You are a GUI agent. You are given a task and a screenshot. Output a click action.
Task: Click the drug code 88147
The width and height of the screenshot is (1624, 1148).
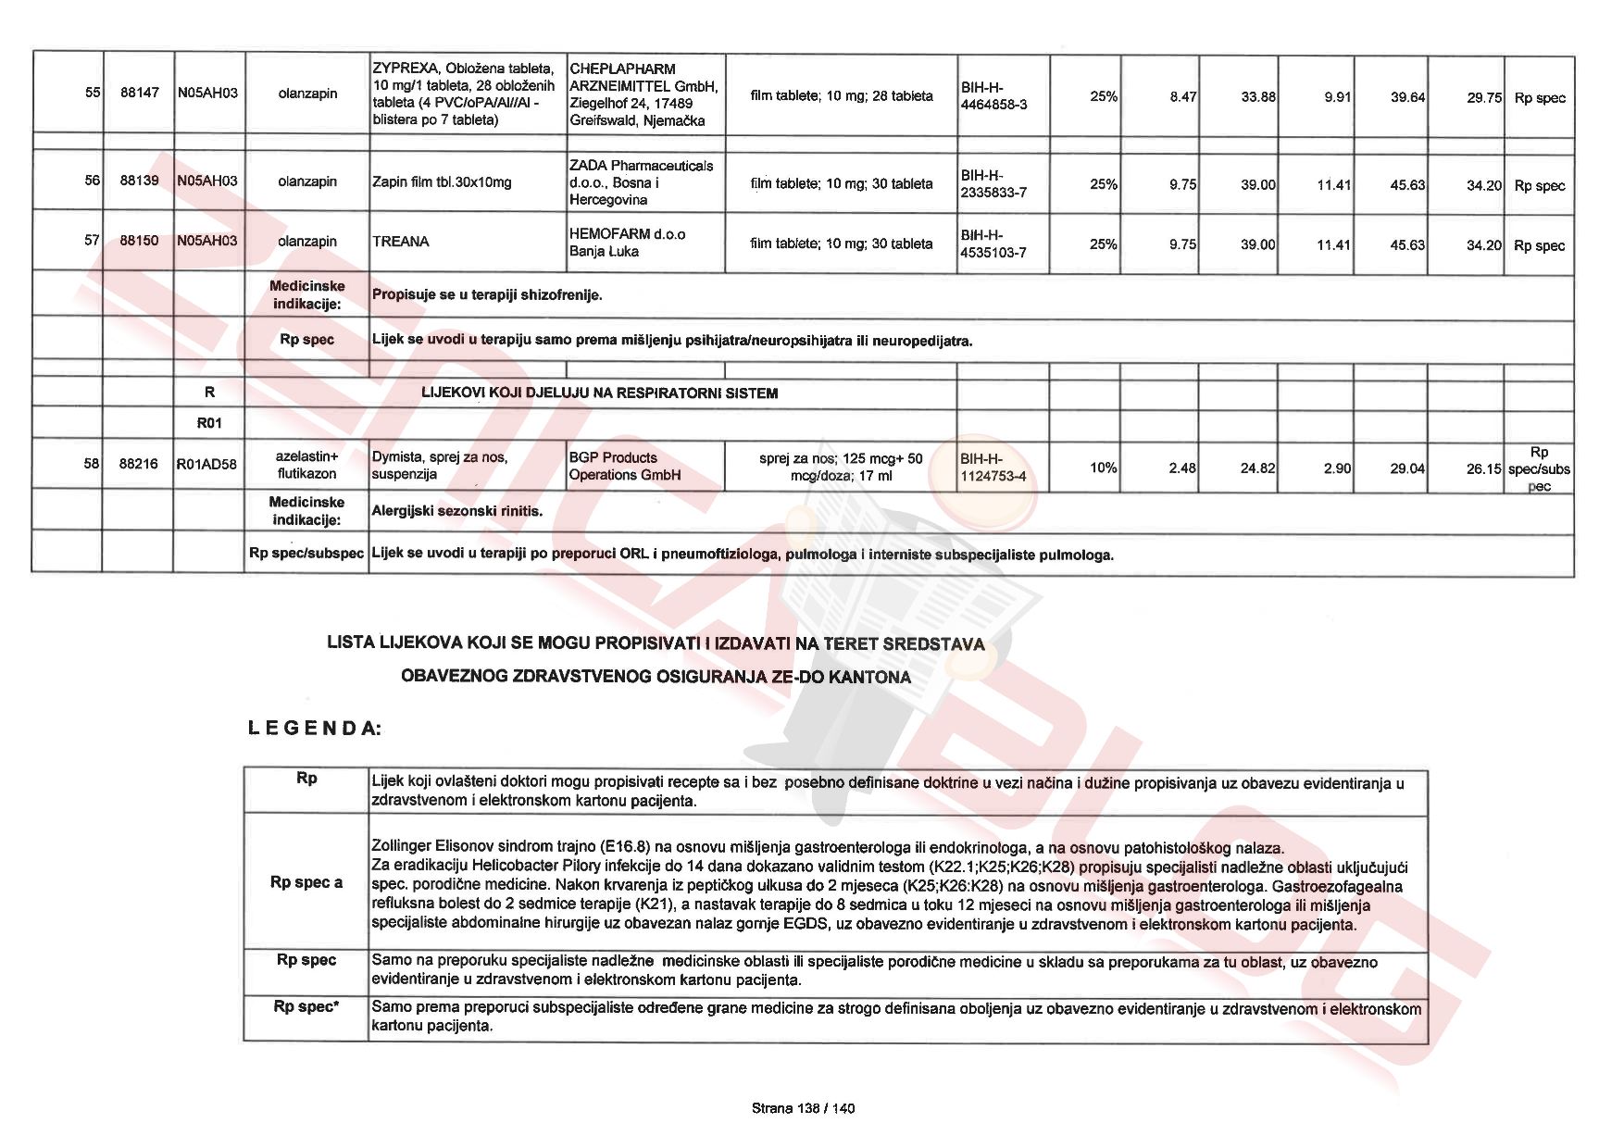139,94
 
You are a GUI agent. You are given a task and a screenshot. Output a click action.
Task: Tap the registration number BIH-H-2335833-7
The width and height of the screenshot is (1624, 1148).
993,183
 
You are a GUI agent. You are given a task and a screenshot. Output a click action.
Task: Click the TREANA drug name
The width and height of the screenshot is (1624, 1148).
401,242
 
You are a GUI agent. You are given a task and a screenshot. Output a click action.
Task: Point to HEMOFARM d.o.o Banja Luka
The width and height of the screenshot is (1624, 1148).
627,243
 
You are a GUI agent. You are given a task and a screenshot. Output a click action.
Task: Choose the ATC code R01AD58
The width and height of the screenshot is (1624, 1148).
206,465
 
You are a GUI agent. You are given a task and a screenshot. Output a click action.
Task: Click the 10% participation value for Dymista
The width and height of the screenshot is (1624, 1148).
1103,468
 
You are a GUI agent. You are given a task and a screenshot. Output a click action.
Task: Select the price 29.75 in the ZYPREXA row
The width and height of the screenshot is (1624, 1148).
1483,97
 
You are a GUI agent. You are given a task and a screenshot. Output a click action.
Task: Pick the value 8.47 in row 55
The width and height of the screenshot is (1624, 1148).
1182,96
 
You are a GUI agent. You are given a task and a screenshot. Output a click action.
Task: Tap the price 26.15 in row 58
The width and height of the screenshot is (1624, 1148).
1483,468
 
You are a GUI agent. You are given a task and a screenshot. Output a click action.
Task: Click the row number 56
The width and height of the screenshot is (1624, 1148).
92,181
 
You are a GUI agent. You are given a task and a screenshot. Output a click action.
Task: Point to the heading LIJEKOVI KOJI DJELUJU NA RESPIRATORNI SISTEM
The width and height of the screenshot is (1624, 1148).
599,393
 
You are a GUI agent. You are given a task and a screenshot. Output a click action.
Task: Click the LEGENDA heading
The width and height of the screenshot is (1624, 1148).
314,728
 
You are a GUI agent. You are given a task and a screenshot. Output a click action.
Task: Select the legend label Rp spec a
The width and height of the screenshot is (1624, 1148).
306,882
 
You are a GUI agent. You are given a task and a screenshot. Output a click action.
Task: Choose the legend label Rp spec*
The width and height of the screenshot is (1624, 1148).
306,1006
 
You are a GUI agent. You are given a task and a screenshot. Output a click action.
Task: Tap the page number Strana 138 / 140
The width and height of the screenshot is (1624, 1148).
803,1107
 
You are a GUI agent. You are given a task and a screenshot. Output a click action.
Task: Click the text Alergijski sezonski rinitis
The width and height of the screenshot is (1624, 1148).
456,510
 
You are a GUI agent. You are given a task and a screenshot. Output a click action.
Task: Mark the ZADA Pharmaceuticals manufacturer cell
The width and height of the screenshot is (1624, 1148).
642,182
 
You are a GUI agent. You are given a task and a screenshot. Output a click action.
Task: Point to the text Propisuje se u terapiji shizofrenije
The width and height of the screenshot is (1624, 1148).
487,294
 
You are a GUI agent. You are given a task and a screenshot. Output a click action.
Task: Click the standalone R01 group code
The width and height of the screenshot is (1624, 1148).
209,423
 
